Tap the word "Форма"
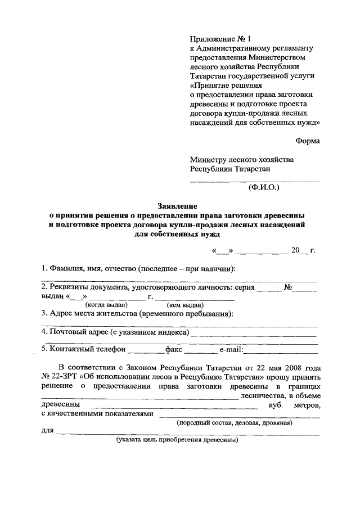(x=308, y=141)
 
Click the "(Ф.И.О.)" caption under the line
(x=263, y=188)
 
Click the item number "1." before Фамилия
(x=44, y=267)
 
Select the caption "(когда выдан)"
(x=106, y=305)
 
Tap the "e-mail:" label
(x=231, y=350)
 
